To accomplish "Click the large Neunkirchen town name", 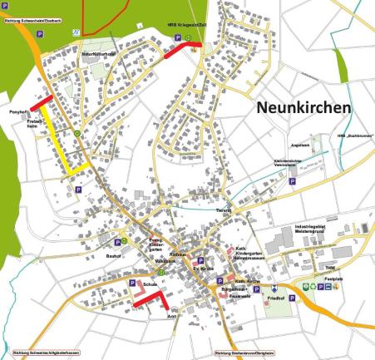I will [303, 108].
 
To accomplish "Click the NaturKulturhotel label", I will [97, 54].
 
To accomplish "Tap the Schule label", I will [150, 284].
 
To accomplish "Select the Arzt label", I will [173, 316].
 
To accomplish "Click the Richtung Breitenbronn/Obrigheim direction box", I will [245, 353].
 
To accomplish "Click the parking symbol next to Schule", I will [131, 282].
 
